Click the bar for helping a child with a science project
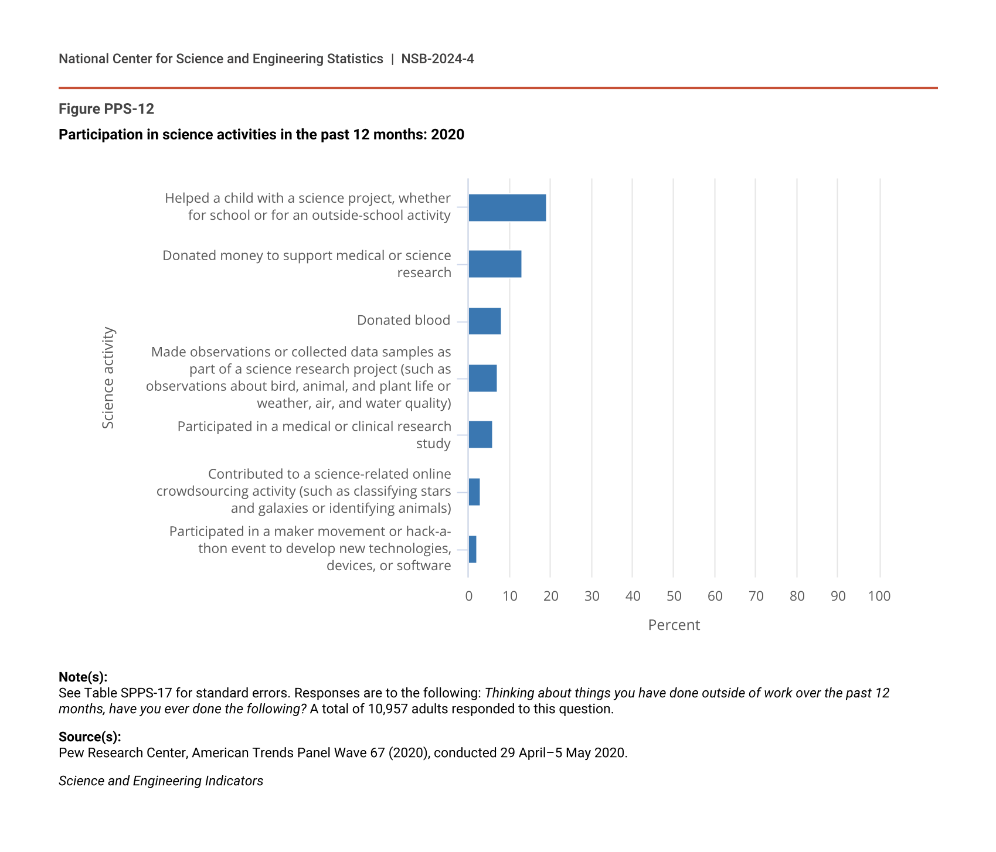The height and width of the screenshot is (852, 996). coord(507,207)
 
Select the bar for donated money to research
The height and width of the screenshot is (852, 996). coord(495,264)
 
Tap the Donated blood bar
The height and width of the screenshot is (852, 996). coord(485,321)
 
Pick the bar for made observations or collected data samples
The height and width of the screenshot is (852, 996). coord(482,378)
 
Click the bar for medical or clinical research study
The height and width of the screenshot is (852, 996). coord(480,435)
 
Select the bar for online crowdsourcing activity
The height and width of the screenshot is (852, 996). coord(474,492)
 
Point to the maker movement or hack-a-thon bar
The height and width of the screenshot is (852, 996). coord(472,549)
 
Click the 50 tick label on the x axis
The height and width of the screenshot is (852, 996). coord(674,597)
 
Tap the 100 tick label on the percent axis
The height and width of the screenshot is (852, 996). coord(879,597)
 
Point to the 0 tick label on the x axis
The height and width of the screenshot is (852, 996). coord(469,597)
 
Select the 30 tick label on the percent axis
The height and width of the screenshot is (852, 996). coord(592,597)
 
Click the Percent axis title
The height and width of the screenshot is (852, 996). coord(674,625)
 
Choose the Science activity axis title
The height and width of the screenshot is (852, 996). coord(108,378)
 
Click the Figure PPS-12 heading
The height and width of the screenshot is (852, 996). coord(106,109)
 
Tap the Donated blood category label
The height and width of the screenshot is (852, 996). coord(403,321)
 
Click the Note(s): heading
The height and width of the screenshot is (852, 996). coord(83,677)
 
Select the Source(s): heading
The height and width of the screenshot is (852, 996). coord(90,737)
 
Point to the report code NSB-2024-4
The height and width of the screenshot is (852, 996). coord(437,59)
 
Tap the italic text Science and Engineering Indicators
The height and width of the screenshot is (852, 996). coord(161,781)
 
